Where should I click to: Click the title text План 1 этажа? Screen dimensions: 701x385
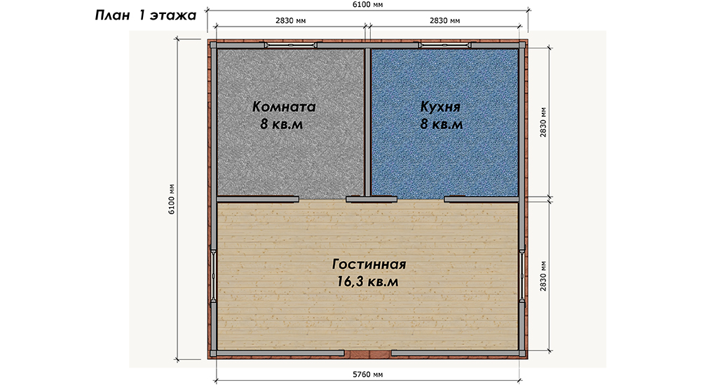coord(145,15)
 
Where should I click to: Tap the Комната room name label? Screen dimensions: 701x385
coord(284,106)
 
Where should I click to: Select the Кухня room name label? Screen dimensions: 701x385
coord(440,106)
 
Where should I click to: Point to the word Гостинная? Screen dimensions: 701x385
coord(369,264)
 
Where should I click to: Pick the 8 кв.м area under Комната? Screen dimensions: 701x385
coord(282,124)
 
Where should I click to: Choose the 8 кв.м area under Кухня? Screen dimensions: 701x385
coord(441,124)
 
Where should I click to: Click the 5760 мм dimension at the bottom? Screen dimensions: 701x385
coord(368,374)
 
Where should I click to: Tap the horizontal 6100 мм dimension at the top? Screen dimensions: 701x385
coord(368,4)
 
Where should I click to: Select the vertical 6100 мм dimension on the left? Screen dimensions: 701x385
coord(171,199)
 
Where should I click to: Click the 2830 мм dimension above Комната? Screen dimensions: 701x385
coord(291,20)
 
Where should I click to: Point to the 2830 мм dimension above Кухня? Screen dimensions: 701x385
coord(445,20)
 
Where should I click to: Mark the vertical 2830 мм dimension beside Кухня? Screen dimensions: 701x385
coord(543,122)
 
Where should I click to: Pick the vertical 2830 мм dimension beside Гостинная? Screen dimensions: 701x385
coord(543,276)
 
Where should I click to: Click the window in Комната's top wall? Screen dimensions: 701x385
coord(290,45)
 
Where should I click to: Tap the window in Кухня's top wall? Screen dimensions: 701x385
coord(445,45)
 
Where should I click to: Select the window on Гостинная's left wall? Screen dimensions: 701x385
coord(213,276)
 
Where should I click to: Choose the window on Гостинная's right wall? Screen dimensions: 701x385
coord(522,276)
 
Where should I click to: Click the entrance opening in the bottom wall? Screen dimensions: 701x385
coord(368,353)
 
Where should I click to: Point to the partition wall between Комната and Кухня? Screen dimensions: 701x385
coord(367,122)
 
